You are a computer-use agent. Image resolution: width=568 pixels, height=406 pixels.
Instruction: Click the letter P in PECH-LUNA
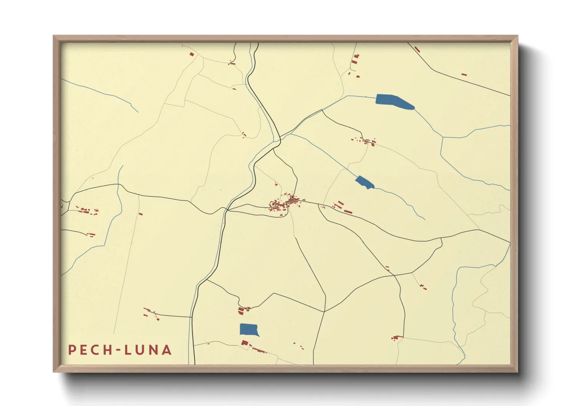tap(71, 350)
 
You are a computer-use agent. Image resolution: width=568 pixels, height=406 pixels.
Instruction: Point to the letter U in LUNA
tap(140, 350)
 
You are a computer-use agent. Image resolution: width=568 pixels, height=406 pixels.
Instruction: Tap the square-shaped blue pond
tap(249, 330)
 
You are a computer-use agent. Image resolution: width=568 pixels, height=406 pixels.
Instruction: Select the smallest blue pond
tap(364, 182)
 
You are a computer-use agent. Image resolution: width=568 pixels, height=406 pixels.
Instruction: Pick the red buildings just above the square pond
tap(243, 309)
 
